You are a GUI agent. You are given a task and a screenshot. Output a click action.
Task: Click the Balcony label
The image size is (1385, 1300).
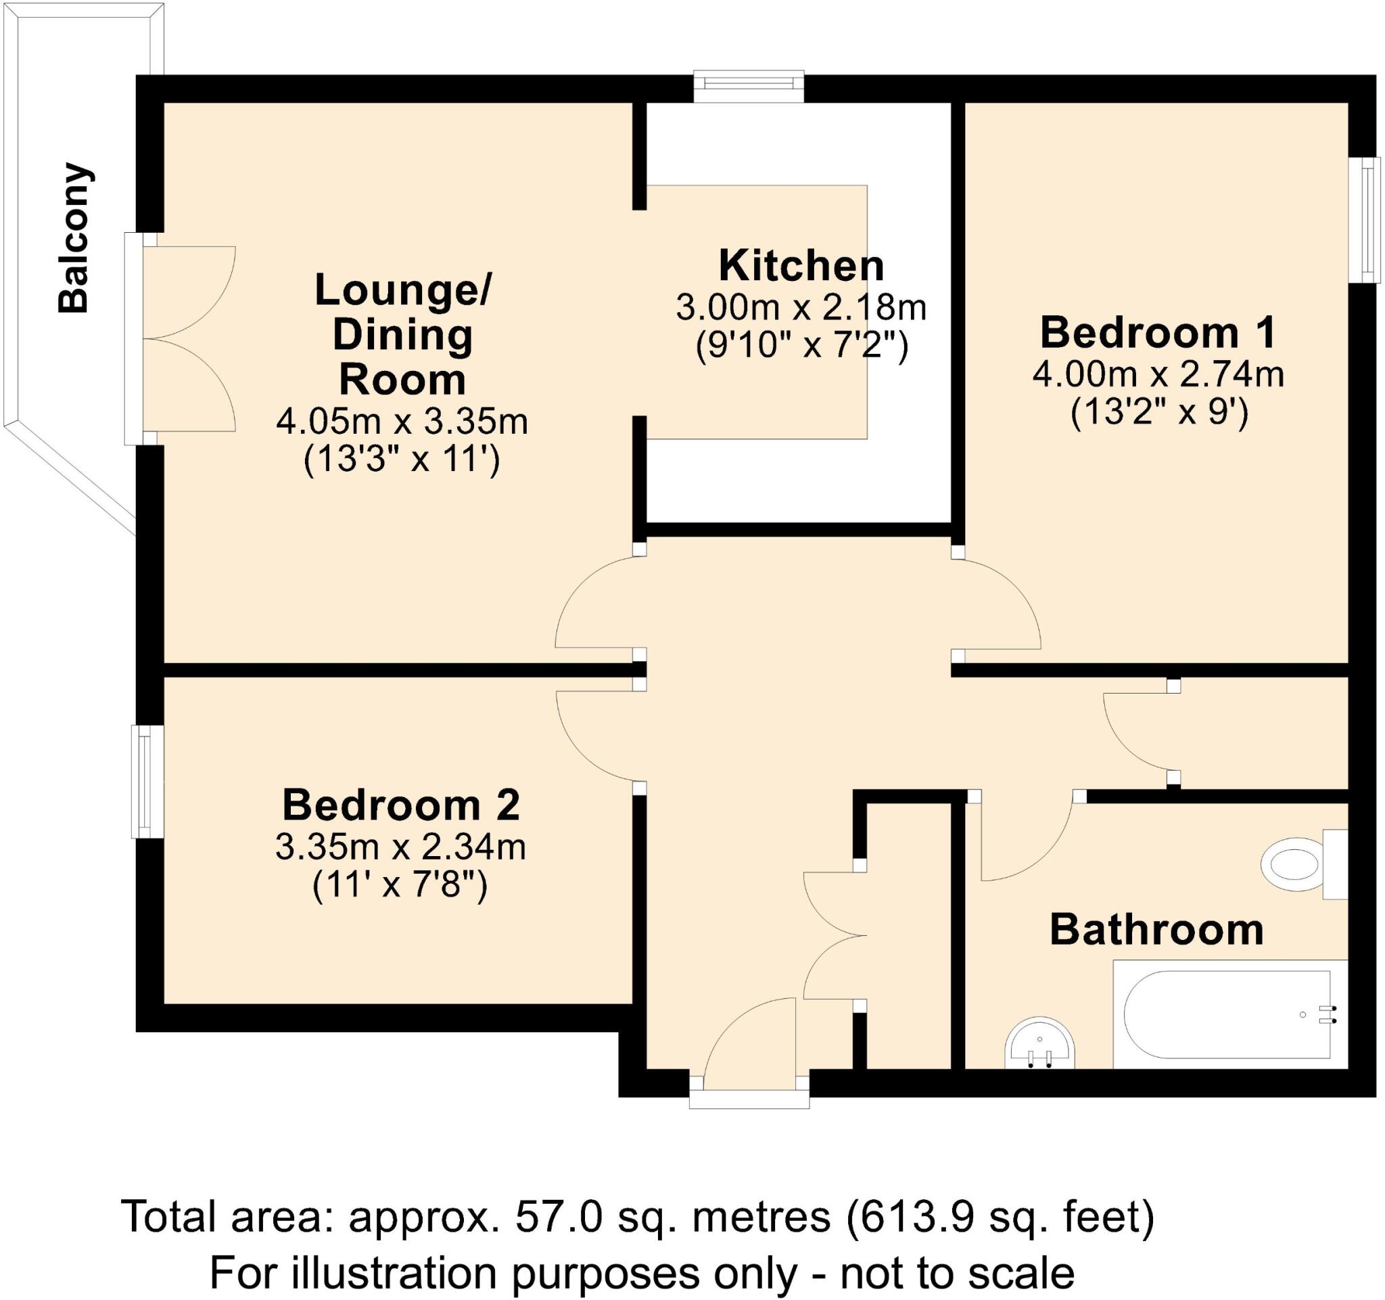click(74, 238)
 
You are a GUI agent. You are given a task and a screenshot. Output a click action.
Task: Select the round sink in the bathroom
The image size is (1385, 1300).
click(1040, 1045)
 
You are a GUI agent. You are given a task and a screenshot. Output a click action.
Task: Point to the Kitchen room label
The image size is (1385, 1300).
click(801, 265)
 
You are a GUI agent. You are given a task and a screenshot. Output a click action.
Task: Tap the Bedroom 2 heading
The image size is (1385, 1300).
click(400, 805)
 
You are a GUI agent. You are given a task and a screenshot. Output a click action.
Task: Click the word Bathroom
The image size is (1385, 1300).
click(1156, 930)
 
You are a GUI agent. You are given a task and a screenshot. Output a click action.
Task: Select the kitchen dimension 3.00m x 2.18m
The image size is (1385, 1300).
click(801, 307)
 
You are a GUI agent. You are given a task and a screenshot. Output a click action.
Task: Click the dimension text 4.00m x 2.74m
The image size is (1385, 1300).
click(1158, 374)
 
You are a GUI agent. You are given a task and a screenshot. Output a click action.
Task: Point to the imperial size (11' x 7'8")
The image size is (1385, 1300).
click(400, 887)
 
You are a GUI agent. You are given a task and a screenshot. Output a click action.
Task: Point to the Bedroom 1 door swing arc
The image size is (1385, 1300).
click(1003, 601)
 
